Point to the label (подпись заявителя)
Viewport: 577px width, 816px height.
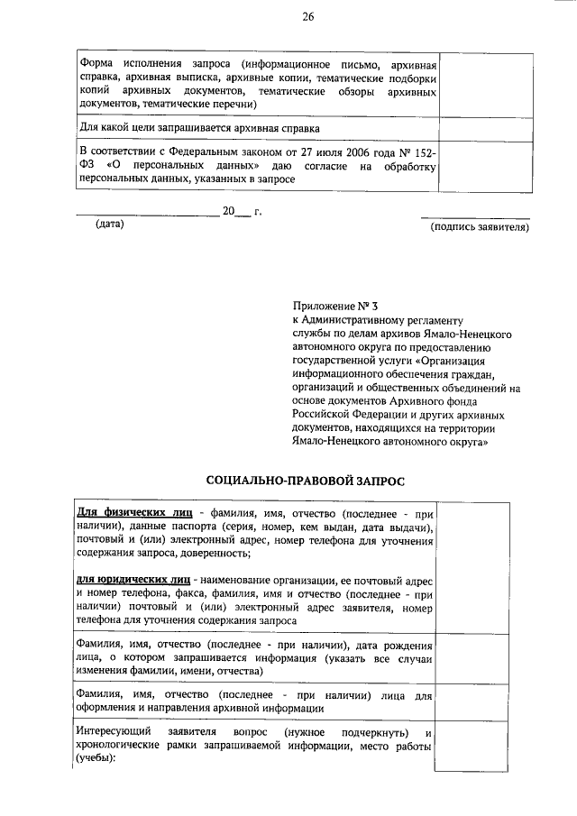click(x=480, y=226)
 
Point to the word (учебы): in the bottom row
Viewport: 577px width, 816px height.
click(x=97, y=757)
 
